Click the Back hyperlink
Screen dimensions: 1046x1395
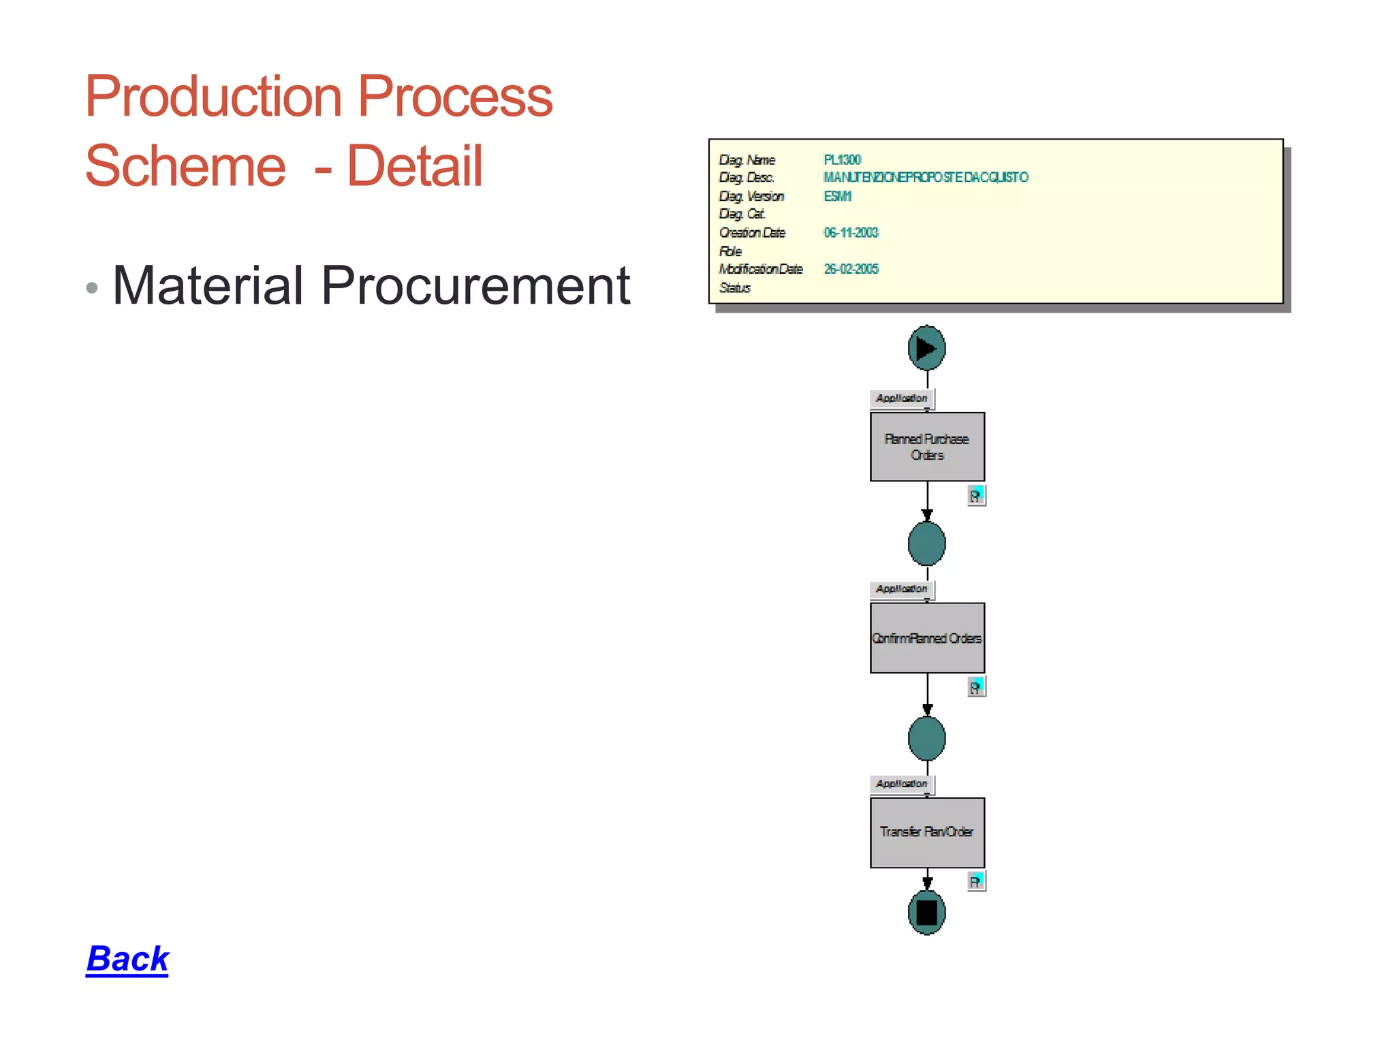pos(127,959)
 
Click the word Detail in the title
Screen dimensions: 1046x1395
pos(415,166)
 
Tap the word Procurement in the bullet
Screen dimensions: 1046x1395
pos(475,285)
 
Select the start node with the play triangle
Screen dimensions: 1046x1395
pos(926,348)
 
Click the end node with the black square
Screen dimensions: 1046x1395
pos(926,912)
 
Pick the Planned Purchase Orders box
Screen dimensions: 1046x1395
pos(927,447)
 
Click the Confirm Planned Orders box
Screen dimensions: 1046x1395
pos(927,638)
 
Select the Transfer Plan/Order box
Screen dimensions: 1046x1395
pos(927,832)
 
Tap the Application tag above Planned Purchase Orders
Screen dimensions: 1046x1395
pos(902,398)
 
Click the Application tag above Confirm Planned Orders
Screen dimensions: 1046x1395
pos(902,589)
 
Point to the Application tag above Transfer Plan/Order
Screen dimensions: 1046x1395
pos(902,784)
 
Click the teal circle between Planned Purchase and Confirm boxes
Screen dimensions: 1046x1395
pos(926,543)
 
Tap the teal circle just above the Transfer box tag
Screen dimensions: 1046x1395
pos(926,738)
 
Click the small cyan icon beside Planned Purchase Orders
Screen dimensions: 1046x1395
pos(976,495)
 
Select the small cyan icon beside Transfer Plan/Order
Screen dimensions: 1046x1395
pos(976,881)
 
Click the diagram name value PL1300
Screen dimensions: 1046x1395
pos(843,160)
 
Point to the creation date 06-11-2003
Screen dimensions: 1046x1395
pos(851,233)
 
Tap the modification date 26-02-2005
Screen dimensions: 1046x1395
pos(851,269)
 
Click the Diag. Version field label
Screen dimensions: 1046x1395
pos(751,196)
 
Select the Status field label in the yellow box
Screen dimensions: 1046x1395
pos(734,288)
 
